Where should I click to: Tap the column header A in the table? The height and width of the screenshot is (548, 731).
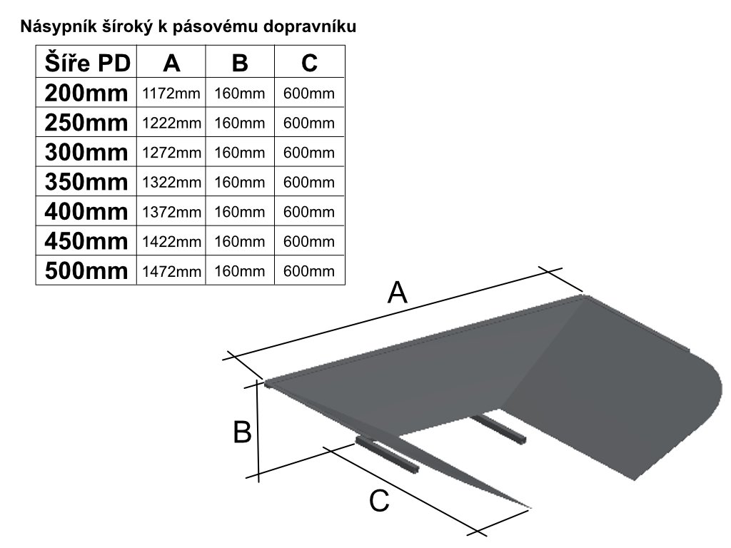pyautogui.click(x=171, y=63)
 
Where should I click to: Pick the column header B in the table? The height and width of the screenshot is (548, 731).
pyautogui.click(x=240, y=63)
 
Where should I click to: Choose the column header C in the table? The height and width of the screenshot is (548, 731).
pyautogui.click(x=309, y=63)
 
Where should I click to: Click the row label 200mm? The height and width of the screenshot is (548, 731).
pyautogui.click(x=86, y=93)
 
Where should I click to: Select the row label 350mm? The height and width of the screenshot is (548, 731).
pyautogui.click(x=86, y=182)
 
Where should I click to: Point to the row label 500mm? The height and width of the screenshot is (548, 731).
pyautogui.click(x=86, y=271)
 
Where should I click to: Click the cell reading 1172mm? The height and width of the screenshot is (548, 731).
pyautogui.click(x=171, y=93)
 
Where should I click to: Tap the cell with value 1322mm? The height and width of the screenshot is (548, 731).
pyautogui.click(x=171, y=183)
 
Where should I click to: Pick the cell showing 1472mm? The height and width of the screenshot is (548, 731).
pyautogui.click(x=171, y=272)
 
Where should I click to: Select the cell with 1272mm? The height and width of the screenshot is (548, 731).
pyautogui.click(x=171, y=153)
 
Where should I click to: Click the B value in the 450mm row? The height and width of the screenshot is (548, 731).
pyautogui.click(x=240, y=242)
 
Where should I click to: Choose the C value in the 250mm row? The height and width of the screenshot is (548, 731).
pyautogui.click(x=309, y=123)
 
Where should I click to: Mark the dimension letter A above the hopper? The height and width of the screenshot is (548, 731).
pyautogui.click(x=397, y=293)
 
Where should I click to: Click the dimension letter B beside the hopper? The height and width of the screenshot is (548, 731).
pyautogui.click(x=242, y=432)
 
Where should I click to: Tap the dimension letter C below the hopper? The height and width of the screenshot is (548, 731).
pyautogui.click(x=380, y=502)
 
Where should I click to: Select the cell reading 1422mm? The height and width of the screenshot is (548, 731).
pyautogui.click(x=171, y=242)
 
